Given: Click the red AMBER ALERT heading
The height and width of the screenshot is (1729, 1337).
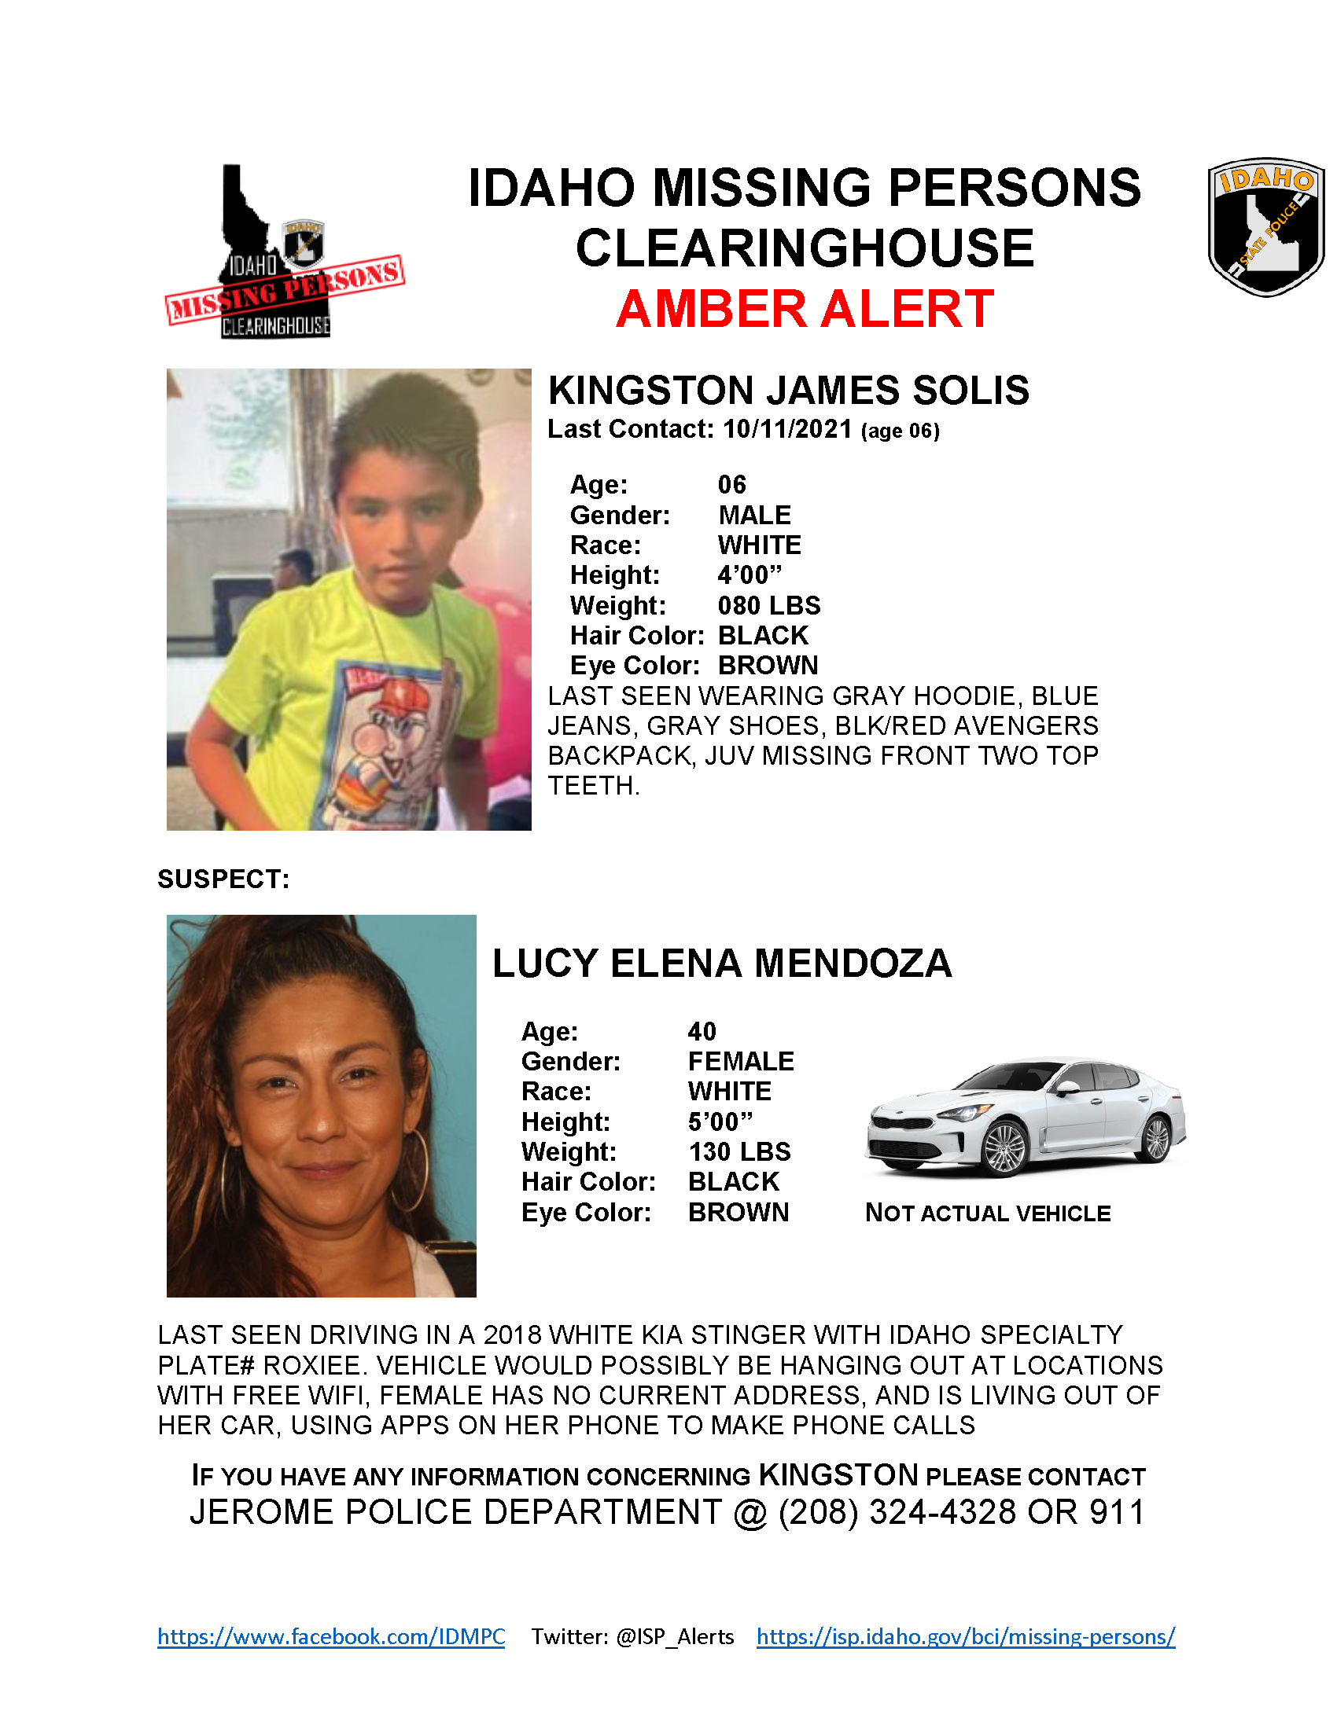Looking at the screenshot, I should (804, 309).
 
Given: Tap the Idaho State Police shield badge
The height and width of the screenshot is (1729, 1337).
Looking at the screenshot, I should (1265, 226).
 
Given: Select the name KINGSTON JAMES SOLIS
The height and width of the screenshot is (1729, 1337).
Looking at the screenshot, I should (788, 391).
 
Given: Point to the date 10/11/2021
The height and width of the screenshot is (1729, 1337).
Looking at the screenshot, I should (787, 429).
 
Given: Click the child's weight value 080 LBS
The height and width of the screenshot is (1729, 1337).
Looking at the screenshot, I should (768, 606).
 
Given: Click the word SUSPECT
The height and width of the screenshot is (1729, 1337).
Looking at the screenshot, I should (223, 879).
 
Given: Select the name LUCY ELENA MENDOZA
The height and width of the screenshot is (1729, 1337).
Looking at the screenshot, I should (721, 964).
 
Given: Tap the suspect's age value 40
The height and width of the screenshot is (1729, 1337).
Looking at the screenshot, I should (702, 1031).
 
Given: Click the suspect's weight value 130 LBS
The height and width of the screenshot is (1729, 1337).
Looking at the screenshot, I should (739, 1152).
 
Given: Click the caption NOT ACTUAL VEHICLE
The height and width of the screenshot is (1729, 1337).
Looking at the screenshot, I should (988, 1213).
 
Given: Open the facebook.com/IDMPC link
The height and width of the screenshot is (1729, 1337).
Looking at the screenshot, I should (331, 1636).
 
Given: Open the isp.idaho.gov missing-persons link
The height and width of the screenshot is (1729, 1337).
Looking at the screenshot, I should (966, 1636).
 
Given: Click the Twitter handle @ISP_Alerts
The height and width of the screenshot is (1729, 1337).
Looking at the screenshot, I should (675, 1636).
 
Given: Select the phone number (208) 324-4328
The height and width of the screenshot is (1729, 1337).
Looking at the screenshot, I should (897, 1512).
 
